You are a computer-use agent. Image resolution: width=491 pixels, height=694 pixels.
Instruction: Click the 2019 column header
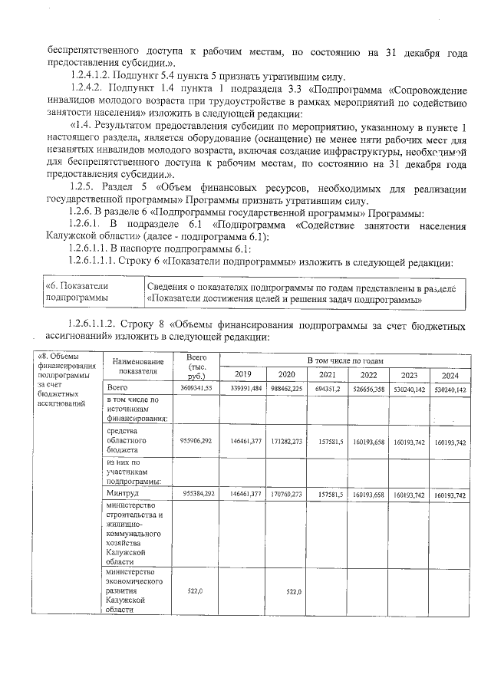coord(242,374)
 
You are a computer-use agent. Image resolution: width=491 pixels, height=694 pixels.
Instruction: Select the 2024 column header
coord(450,374)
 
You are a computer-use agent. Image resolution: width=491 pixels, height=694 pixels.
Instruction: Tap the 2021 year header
coord(327,374)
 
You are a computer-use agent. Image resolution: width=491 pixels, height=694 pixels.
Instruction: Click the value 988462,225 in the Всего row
coord(286,389)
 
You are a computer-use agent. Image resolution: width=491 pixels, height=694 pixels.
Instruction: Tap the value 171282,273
coord(286,442)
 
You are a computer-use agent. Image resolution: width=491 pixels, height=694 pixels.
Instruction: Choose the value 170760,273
coord(286,495)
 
